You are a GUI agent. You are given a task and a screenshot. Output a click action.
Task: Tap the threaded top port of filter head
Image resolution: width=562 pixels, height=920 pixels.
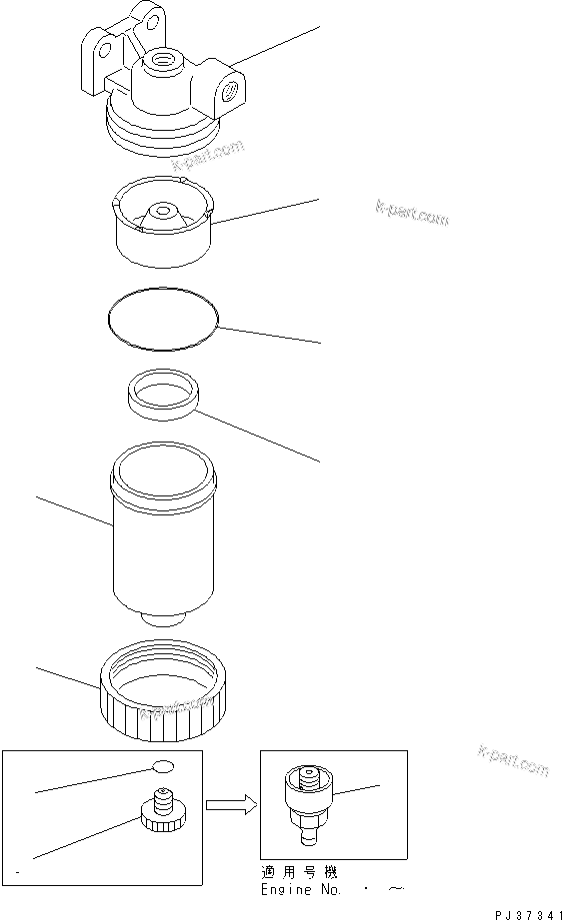[x=161, y=65]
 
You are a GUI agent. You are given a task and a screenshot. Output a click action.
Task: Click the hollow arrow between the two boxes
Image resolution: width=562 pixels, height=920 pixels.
[x=228, y=805]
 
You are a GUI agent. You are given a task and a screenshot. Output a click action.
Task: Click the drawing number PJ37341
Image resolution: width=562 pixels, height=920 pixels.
[x=521, y=911]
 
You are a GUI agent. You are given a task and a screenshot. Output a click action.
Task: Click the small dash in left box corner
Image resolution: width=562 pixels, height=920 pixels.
[x=20, y=872]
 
